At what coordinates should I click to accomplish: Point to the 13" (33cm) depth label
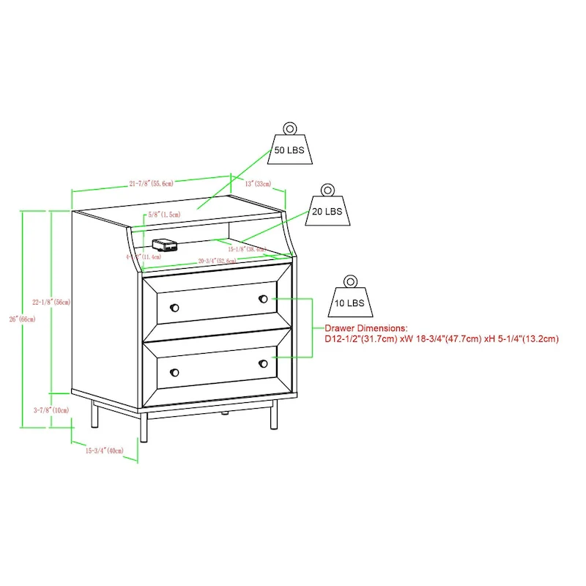[259, 183]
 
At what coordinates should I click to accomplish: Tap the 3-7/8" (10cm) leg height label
[51, 410]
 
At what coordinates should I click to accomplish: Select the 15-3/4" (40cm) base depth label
[103, 450]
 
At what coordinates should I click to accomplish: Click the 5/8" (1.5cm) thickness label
[163, 215]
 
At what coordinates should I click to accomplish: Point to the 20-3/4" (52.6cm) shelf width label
[217, 261]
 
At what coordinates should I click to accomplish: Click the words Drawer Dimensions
[366, 329]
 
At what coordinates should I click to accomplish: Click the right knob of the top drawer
[263, 298]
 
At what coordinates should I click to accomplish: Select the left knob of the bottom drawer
[174, 372]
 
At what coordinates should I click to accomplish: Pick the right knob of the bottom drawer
[263, 364]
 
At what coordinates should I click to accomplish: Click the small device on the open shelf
[161, 245]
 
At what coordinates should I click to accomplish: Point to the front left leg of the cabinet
[147, 425]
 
